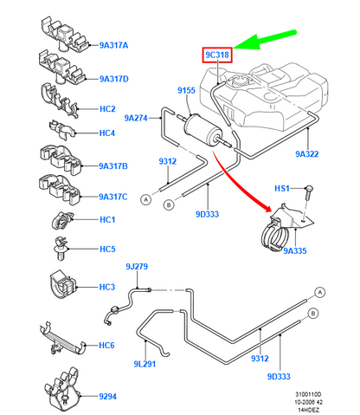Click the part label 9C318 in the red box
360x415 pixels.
217,55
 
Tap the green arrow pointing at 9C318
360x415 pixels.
265,40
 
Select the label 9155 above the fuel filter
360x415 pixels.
186,90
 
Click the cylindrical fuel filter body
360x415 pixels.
202,131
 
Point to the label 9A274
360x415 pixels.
136,118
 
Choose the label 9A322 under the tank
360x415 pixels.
307,154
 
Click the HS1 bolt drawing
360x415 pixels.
308,193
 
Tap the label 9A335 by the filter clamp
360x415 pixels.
295,250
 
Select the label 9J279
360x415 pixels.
137,266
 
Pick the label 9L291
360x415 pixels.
145,364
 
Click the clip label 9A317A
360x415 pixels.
113,45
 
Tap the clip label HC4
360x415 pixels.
107,133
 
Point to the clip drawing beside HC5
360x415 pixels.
61,249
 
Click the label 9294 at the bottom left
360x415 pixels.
107,397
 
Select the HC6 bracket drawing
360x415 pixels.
62,339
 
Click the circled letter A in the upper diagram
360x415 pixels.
146,199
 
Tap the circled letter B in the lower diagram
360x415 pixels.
313,314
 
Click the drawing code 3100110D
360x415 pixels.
308,394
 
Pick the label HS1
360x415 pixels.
282,189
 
